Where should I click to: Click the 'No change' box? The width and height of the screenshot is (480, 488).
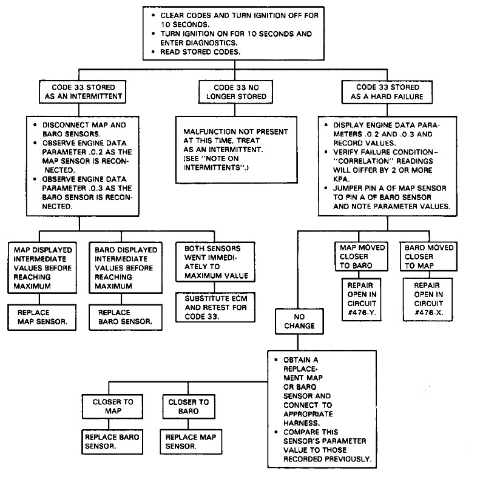pos(300,321)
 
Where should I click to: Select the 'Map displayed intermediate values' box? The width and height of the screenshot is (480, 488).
pos(40,267)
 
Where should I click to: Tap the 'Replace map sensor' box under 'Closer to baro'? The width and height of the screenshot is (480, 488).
pos(191,441)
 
